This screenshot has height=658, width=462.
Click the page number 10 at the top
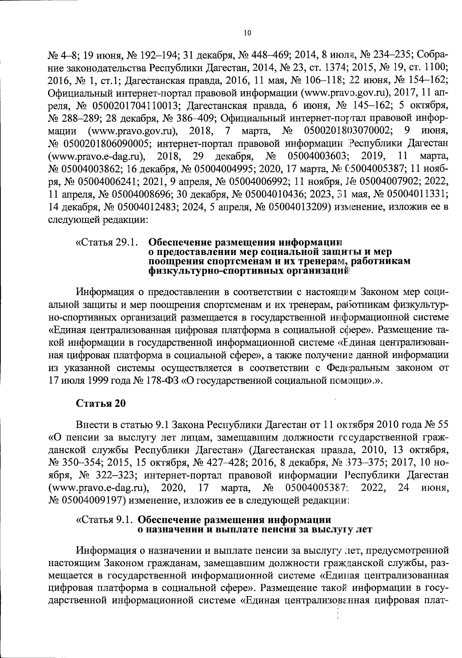click(x=247, y=33)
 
